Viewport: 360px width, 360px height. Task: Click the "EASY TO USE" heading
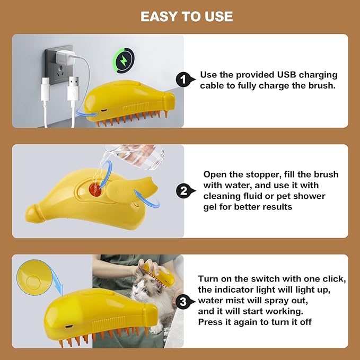pos(187,16)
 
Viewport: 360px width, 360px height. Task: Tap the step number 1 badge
pos(183,80)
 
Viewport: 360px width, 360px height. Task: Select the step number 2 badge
pos(183,191)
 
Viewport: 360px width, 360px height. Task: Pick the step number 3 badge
pos(183,302)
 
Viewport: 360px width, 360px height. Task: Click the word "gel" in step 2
pos(211,207)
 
